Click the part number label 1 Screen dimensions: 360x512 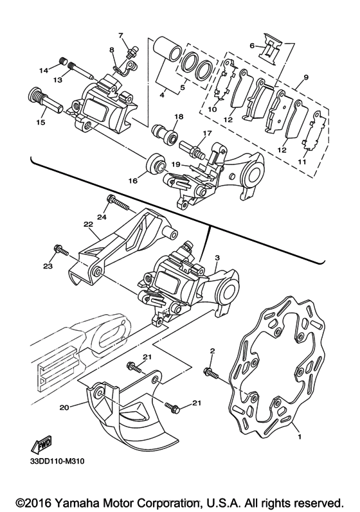pyautogui.click(x=300, y=436)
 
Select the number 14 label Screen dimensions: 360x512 pyautogui.click(x=44, y=70)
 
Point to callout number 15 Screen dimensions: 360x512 pyautogui.click(x=41, y=123)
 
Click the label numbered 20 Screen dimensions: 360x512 pyautogui.click(x=64, y=407)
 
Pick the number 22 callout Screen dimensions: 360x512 pyautogui.click(x=89, y=224)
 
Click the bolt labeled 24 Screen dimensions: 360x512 pyautogui.click(x=118, y=203)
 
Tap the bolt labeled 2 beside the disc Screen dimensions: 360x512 pyautogui.click(x=211, y=373)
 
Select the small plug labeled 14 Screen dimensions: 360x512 pyautogui.click(x=64, y=61)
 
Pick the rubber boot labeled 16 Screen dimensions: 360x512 pyautogui.click(x=156, y=164)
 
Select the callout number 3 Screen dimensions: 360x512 pyautogui.click(x=217, y=258)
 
